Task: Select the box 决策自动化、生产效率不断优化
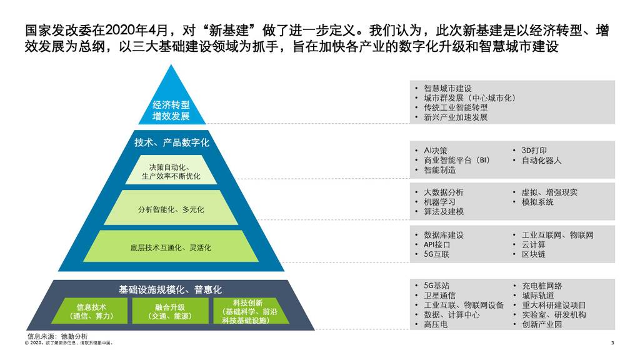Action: coord(171,171)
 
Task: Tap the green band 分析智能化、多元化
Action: coord(171,209)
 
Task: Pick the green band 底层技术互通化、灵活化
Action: coord(171,247)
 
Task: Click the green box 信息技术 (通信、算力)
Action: coord(92,311)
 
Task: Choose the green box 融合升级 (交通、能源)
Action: coord(171,311)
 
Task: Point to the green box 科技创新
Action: coord(249,311)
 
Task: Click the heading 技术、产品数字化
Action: coord(171,142)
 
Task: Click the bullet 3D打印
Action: coord(534,151)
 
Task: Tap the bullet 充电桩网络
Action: coord(542,286)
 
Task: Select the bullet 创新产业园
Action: coord(542,324)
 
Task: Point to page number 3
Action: coord(612,342)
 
